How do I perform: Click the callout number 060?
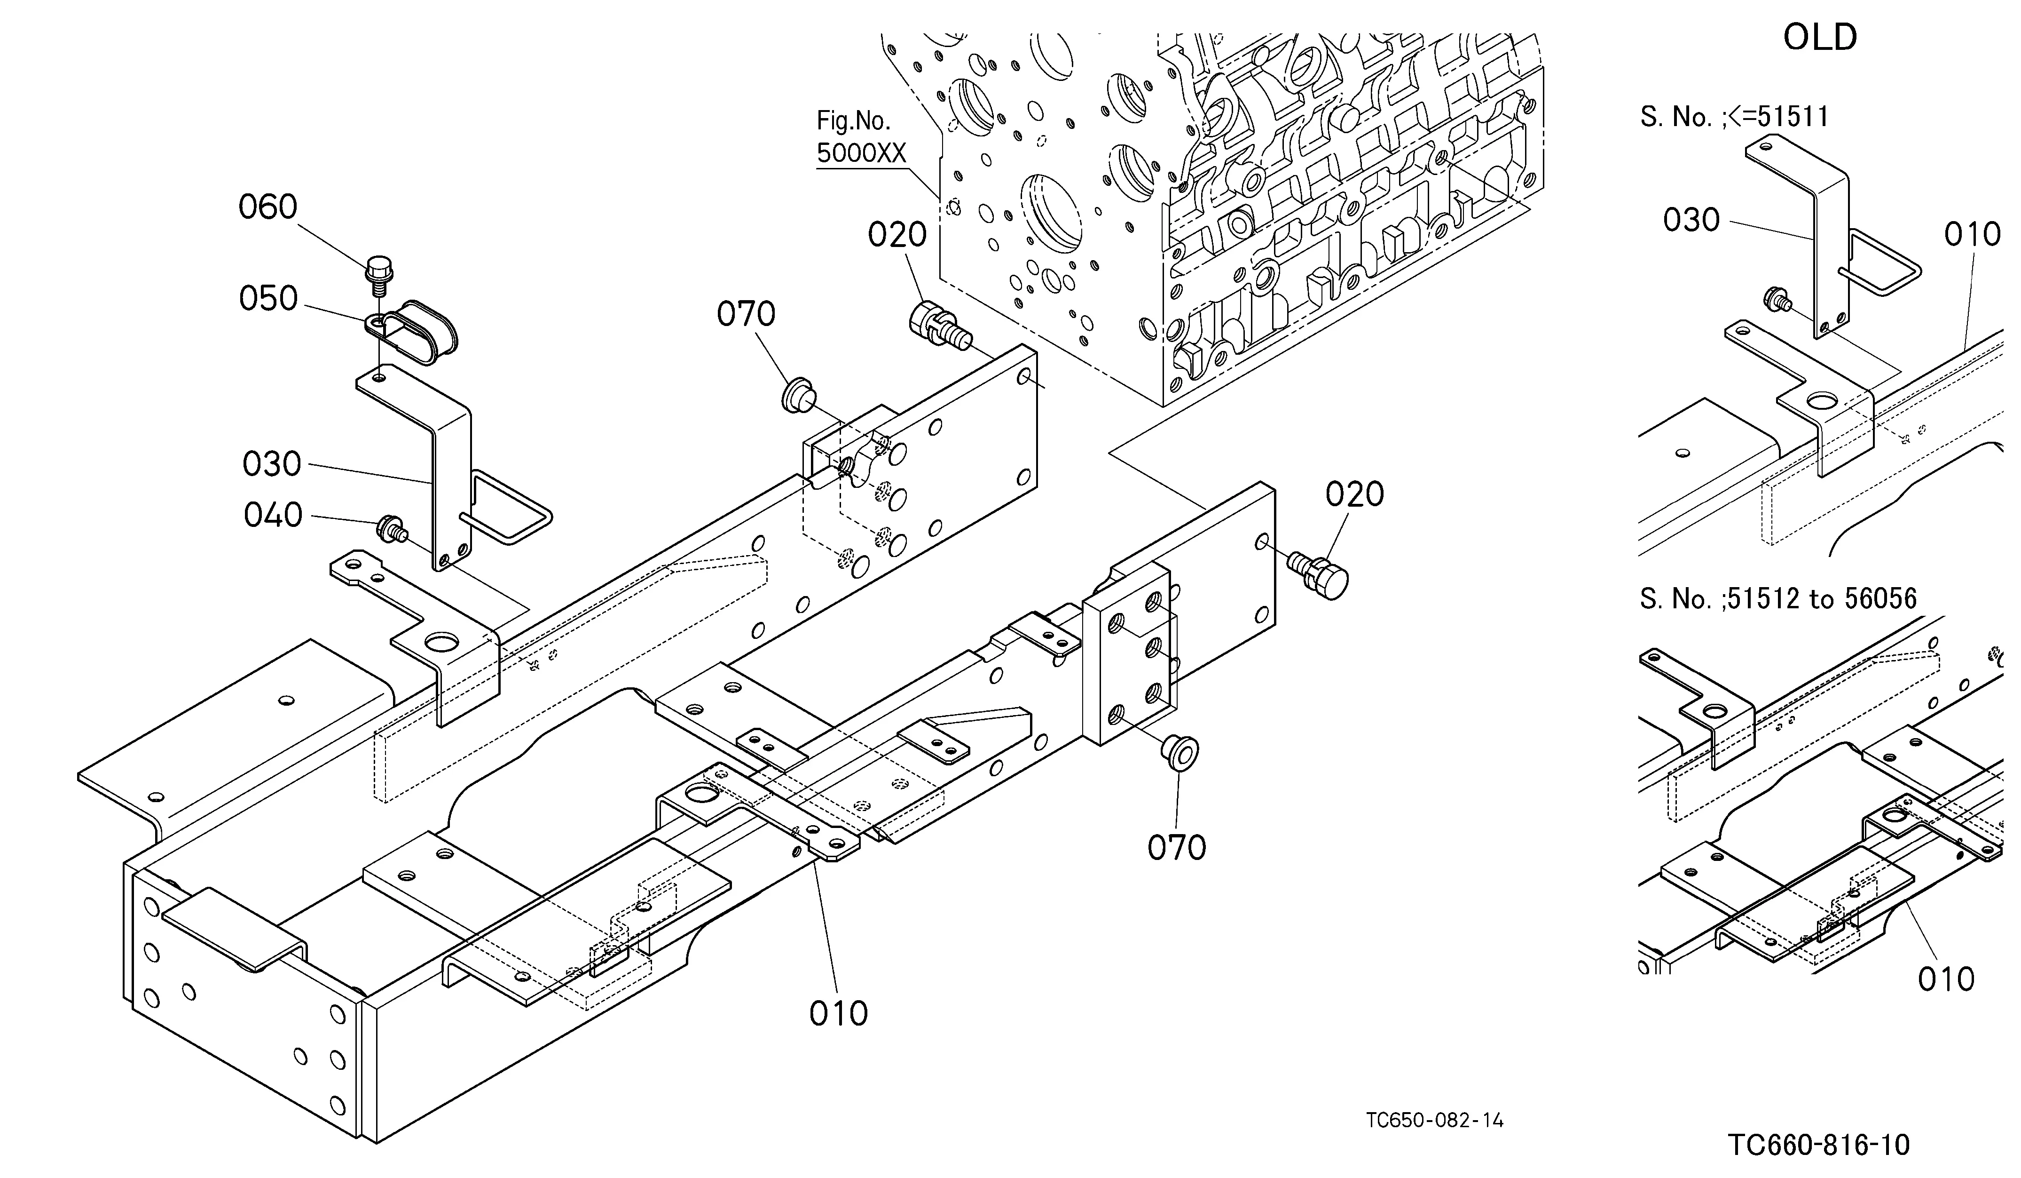(x=268, y=207)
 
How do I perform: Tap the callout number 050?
(x=268, y=299)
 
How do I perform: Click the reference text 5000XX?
(x=860, y=152)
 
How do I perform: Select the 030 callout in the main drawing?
(x=272, y=464)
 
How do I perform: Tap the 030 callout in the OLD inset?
(x=1691, y=220)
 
